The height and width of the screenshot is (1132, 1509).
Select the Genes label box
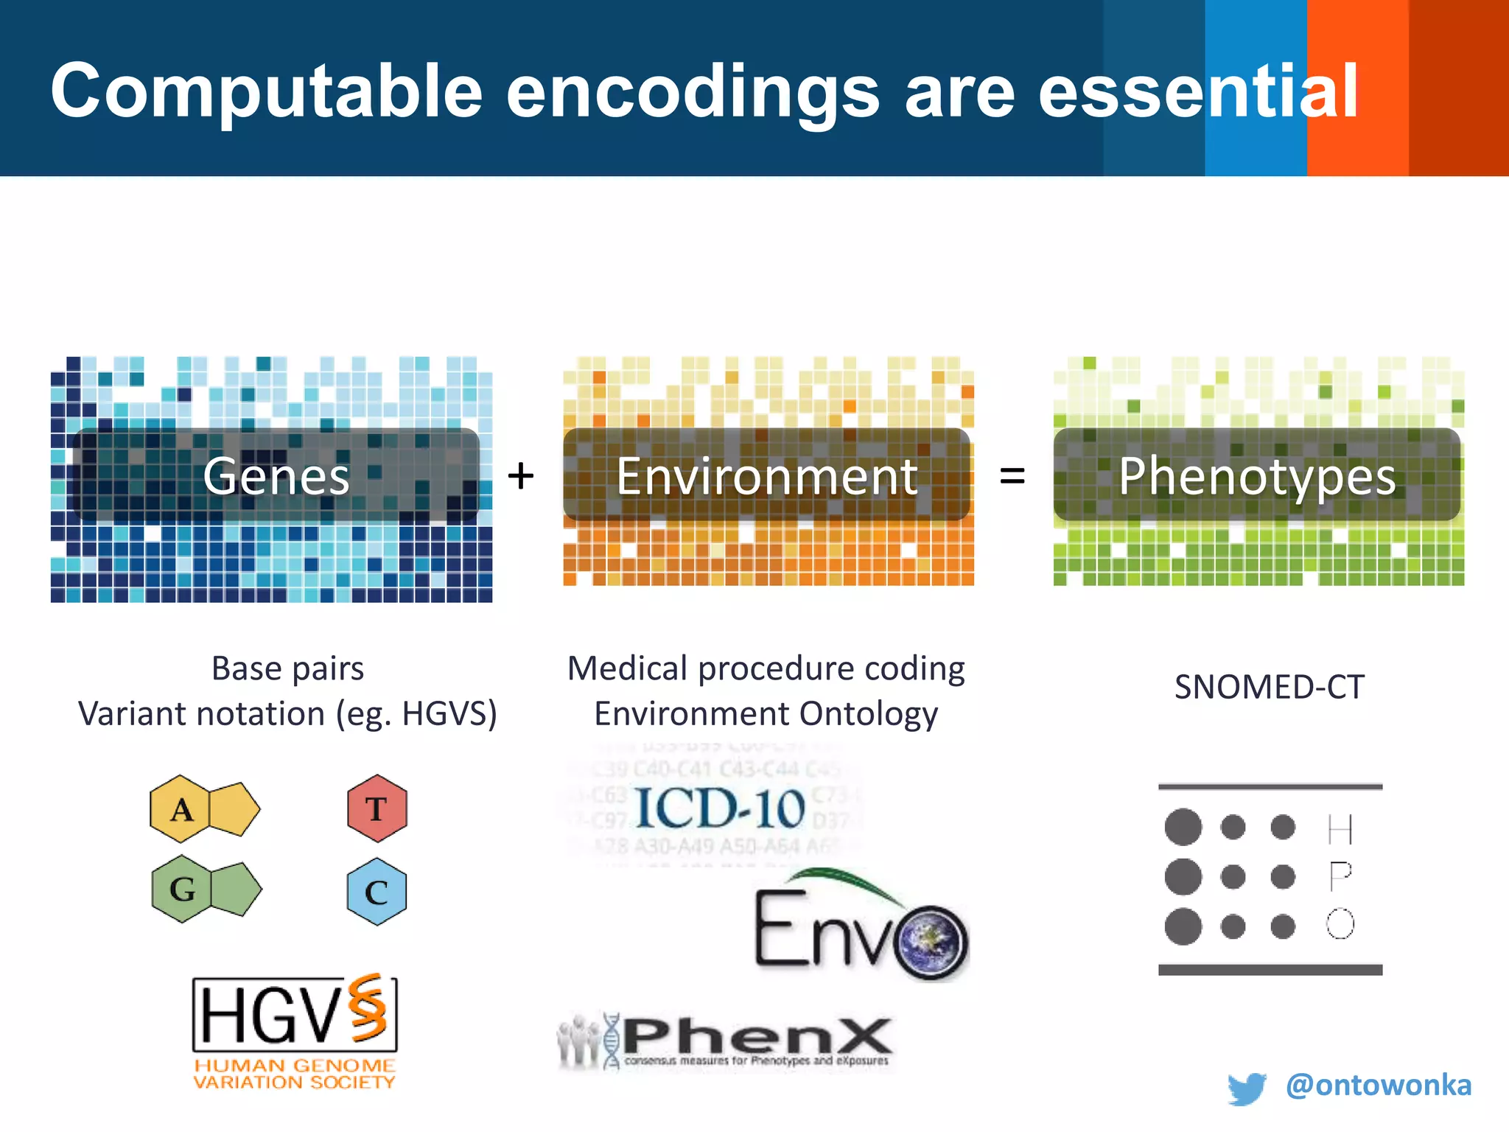coord(276,475)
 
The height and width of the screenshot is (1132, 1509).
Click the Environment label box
coord(766,475)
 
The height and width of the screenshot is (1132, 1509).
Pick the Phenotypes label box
coord(1257,475)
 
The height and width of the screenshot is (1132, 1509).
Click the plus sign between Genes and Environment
coord(521,476)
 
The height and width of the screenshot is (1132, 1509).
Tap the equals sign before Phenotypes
coord(1012,476)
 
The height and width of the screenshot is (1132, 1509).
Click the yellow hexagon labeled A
coord(181,809)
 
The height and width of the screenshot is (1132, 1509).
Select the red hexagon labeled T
coord(377,808)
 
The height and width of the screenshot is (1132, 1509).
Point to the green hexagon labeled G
coord(182,889)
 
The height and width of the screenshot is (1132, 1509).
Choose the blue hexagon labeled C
coord(377,892)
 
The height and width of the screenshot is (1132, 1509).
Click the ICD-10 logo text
coord(719,808)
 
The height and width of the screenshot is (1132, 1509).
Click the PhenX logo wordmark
coord(757,1035)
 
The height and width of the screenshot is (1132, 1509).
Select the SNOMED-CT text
coord(1269,687)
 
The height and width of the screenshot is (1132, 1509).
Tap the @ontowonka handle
coord(1378,1085)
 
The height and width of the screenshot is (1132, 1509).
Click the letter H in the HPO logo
coord(1340,829)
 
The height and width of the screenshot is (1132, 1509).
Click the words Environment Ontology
coord(766,713)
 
